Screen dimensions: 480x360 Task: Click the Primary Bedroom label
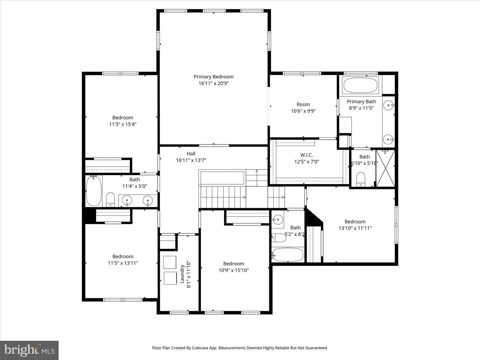coord(213,77)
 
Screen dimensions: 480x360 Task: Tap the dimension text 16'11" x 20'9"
coord(213,83)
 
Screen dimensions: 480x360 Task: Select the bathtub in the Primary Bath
coord(360,85)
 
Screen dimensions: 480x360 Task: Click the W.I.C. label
coord(307,155)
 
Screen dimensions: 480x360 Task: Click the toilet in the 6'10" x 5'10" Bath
coord(361,179)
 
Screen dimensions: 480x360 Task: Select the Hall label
coord(191,154)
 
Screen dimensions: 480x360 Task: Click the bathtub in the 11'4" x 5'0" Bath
coord(94,191)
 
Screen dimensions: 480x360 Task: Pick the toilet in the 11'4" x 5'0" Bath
coord(110,199)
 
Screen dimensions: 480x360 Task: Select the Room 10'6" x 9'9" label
coord(303,108)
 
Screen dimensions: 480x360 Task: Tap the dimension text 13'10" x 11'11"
coord(355,228)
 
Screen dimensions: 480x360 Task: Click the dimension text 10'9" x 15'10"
coord(234,270)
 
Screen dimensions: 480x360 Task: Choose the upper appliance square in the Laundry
coord(170,262)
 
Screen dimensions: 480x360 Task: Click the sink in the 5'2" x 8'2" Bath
coord(278,219)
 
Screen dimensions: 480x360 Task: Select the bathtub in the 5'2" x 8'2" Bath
coord(288,255)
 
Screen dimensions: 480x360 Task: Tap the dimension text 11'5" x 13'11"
coord(123,263)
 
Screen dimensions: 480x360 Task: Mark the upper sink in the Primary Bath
coord(389,105)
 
